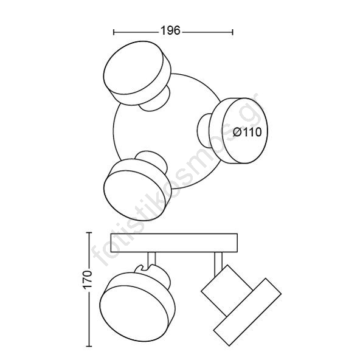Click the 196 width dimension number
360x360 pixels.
170,30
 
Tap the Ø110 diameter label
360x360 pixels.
247,132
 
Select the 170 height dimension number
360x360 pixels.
87,279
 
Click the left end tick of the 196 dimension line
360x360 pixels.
114,32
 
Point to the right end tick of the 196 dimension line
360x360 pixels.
233,32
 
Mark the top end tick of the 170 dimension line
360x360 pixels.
89,232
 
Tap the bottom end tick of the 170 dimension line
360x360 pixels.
89,346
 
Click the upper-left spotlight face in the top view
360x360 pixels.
133,67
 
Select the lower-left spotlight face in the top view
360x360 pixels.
134,195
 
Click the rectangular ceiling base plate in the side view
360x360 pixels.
174,243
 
